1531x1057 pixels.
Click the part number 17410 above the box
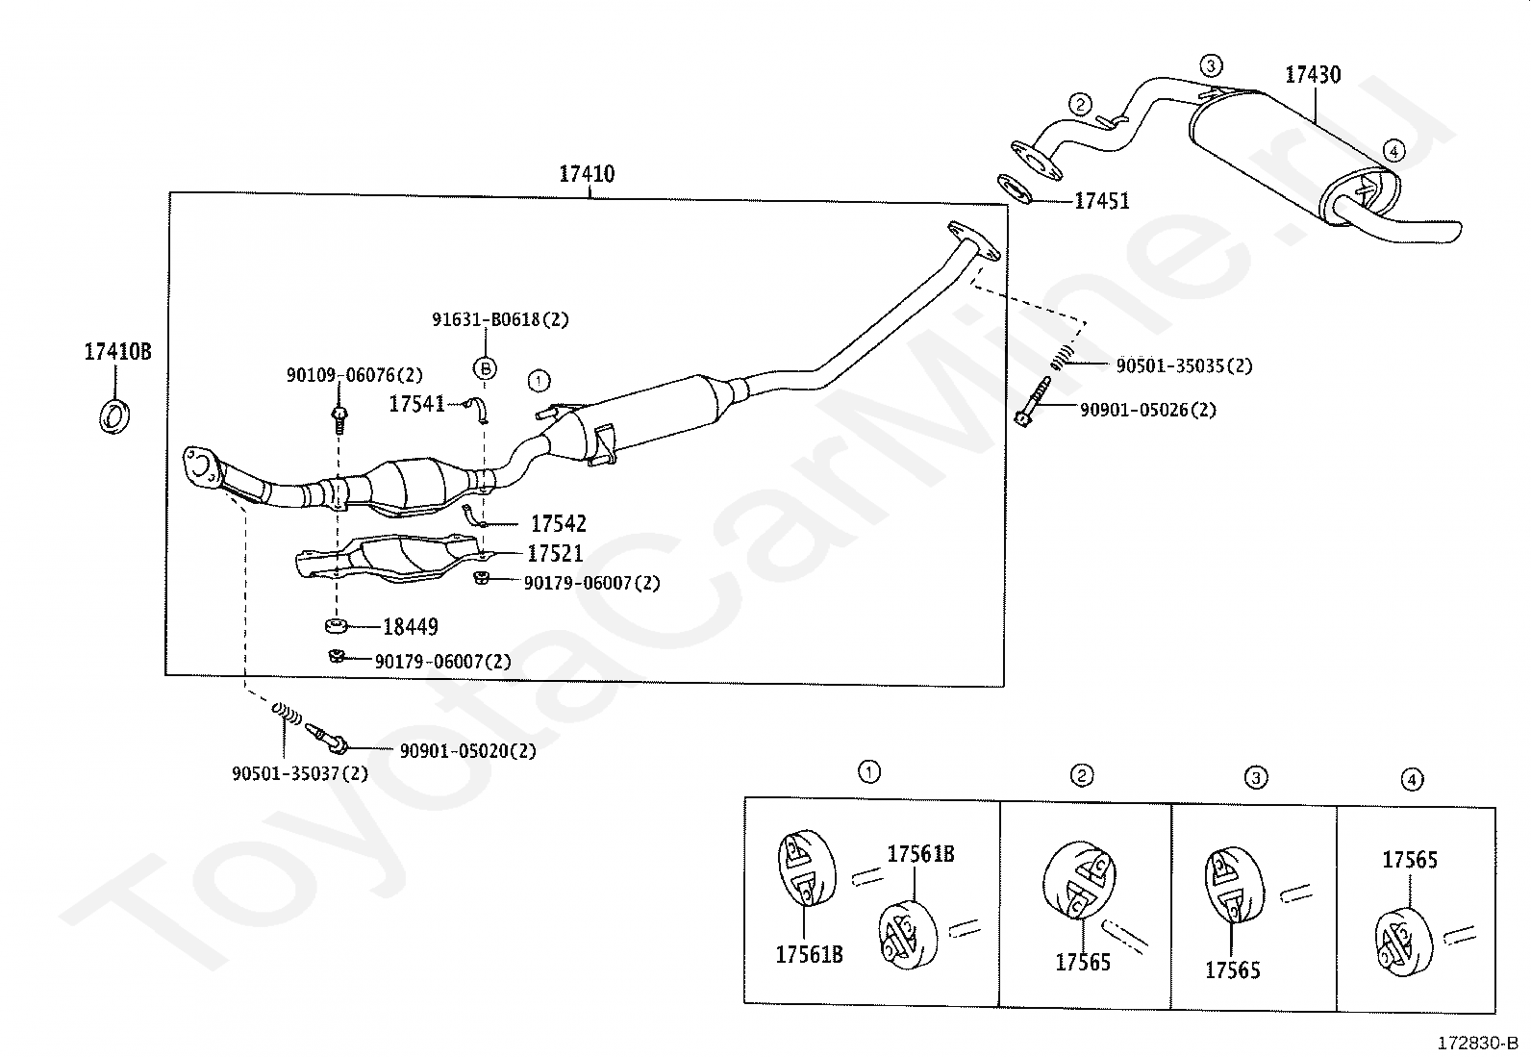tap(587, 174)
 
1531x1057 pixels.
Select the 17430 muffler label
tap(1313, 74)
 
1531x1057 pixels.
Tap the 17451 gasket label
tap(1102, 201)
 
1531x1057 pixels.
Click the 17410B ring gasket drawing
tap(114, 415)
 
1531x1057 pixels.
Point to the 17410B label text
tap(117, 351)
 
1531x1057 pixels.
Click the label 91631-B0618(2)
tap(500, 319)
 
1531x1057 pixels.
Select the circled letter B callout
tap(485, 369)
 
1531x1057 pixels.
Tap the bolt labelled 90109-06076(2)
tap(339, 419)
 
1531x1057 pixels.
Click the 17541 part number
tap(417, 404)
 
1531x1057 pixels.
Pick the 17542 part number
tap(559, 524)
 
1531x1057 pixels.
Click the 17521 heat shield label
tap(555, 553)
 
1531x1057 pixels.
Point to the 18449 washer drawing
tap(336, 625)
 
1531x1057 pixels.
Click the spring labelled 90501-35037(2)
tap(287, 713)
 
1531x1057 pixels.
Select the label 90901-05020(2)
tap(467, 751)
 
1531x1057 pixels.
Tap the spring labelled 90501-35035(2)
tap(1062, 356)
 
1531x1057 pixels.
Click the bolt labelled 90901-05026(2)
tap(1033, 402)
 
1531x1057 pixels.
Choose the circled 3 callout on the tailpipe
tap(1211, 65)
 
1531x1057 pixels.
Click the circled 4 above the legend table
tap(1412, 779)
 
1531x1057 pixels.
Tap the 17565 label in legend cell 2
tap(1083, 963)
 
